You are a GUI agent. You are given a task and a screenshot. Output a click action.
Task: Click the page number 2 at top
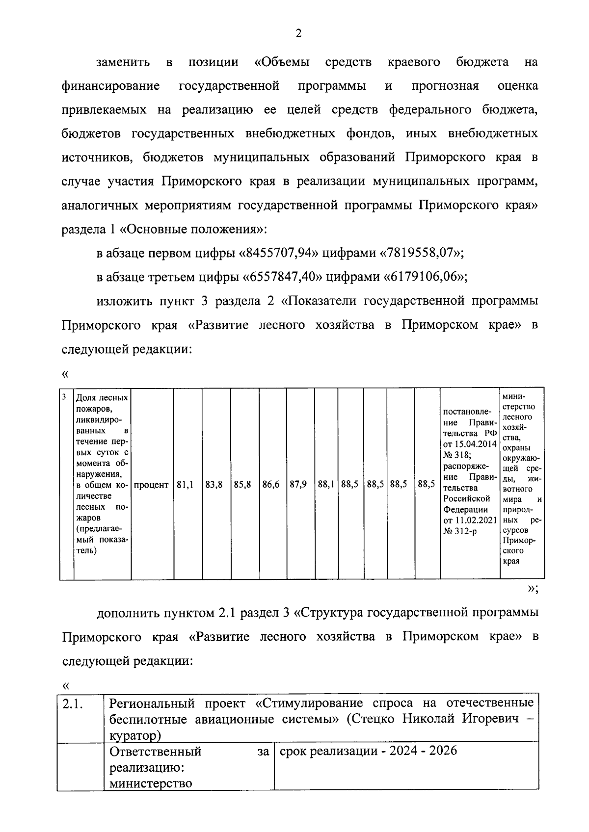click(x=298, y=33)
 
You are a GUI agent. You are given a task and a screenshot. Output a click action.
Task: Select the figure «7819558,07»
click(x=421, y=253)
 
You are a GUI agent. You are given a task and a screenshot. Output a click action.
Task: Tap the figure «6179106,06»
click(x=424, y=277)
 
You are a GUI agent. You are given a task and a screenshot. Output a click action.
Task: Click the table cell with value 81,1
click(x=185, y=485)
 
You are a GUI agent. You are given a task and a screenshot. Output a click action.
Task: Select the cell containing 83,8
click(x=214, y=485)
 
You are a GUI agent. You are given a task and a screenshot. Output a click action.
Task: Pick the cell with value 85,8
click(x=242, y=485)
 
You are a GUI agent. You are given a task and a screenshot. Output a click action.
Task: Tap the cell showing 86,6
click(x=271, y=485)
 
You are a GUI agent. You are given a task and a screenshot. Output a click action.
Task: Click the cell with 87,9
click(x=298, y=485)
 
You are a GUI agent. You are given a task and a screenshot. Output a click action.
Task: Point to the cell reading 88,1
click(x=326, y=485)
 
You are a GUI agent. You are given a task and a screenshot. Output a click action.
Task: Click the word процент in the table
click(x=151, y=485)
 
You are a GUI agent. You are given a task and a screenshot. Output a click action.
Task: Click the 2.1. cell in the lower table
click(x=72, y=704)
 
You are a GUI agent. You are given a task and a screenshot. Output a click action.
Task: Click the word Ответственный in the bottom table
click(x=156, y=752)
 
